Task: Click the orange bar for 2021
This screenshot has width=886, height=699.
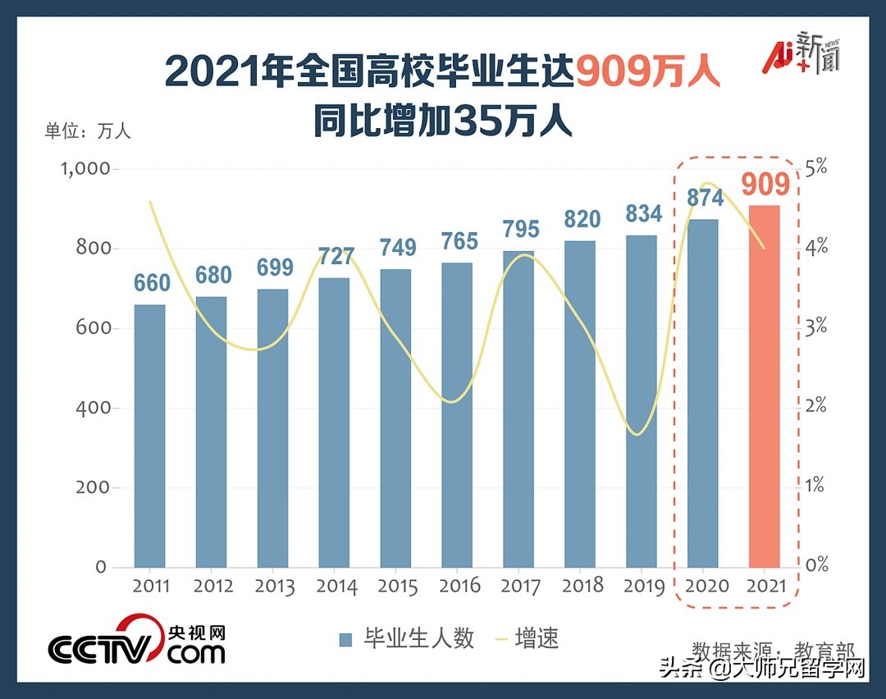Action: tap(765, 386)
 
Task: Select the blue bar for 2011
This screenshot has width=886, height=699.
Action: tap(149, 435)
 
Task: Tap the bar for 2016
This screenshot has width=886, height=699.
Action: tap(457, 414)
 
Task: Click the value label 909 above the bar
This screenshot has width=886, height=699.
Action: tap(765, 185)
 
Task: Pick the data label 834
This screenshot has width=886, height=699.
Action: tap(642, 214)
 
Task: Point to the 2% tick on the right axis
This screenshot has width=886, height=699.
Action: tap(815, 407)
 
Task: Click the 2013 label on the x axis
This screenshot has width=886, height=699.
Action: tap(274, 587)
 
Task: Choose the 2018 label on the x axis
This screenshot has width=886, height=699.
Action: tap(582, 586)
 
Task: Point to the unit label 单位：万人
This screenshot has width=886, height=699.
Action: tap(87, 130)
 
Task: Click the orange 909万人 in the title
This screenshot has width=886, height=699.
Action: tap(647, 71)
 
